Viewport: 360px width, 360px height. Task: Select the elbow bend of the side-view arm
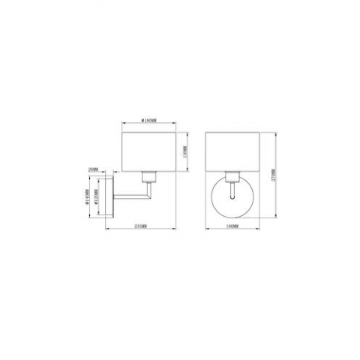coord(148,196)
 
